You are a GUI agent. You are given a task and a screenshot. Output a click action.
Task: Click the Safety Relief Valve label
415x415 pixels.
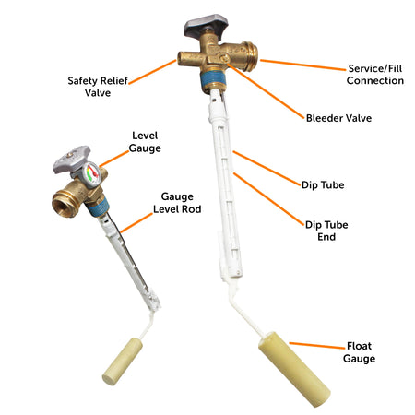(x=98, y=87)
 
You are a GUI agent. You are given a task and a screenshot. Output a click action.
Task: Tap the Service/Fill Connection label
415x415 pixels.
(x=375, y=75)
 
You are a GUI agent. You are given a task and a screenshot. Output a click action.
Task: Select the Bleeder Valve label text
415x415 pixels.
(x=338, y=118)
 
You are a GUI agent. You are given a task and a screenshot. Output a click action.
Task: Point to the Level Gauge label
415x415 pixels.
(x=145, y=142)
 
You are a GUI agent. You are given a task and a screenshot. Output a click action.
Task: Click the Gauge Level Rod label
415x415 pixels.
(x=177, y=203)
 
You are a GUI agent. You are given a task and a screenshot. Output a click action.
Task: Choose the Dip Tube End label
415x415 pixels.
(x=326, y=231)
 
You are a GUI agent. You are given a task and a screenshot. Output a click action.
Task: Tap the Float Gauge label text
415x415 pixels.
(x=359, y=352)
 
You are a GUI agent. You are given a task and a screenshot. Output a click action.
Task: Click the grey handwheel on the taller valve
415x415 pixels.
(x=206, y=24)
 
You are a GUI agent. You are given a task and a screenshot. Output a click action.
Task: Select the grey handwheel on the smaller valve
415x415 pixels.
(x=71, y=159)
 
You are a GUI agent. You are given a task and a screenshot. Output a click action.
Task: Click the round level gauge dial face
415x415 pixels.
(x=91, y=174)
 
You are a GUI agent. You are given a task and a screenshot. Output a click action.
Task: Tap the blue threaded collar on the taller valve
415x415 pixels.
(x=213, y=79)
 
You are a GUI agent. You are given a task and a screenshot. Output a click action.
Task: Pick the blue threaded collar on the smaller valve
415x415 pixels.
(x=98, y=207)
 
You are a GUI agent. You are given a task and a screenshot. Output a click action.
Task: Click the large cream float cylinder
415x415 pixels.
(x=294, y=369)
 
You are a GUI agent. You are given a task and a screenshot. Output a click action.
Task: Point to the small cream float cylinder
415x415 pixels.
(x=123, y=362)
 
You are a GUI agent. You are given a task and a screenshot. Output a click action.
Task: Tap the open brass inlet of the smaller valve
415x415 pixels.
(x=65, y=204)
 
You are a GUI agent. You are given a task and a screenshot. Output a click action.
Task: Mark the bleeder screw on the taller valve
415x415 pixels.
(x=224, y=58)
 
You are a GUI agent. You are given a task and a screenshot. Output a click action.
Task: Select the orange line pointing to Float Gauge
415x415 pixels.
(x=317, y=346)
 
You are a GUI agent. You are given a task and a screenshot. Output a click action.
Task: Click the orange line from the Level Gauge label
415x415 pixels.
(x=114, y=159)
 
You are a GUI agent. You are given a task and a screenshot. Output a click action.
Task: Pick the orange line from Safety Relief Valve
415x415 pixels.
(x=152, y=72)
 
